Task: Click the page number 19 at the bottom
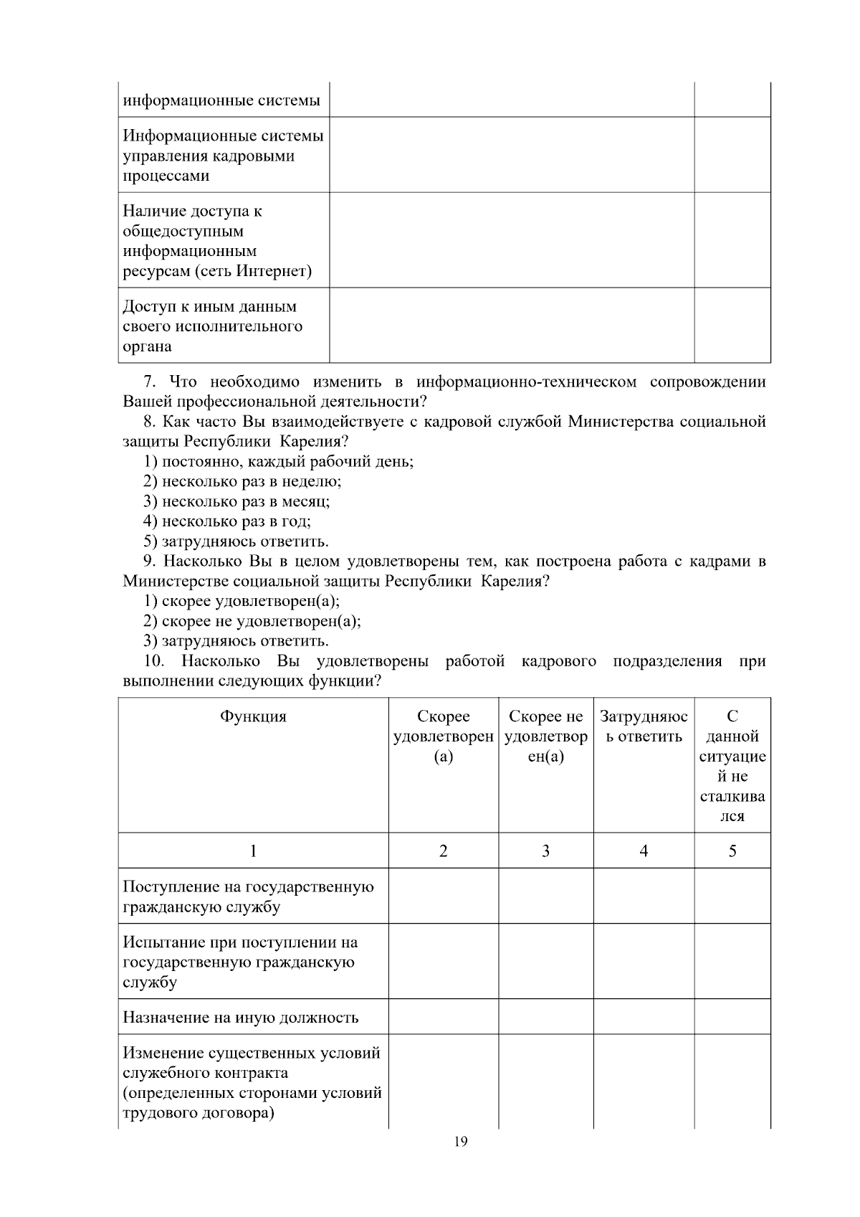[460, 1142]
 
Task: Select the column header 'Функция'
[252, 716]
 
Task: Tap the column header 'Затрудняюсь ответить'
[643, 726]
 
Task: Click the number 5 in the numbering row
[732, 851]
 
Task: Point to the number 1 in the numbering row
[252, 851]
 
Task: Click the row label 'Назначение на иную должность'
[240, 1018]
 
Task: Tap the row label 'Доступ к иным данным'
[209, 307]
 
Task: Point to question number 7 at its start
[149, 382]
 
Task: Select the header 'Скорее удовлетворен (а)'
[443, 737]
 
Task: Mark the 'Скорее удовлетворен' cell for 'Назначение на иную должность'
[443, 1017]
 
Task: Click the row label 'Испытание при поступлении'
[240, 943]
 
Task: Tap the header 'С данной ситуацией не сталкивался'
[732, 766]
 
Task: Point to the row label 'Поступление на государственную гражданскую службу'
[248, 896]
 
